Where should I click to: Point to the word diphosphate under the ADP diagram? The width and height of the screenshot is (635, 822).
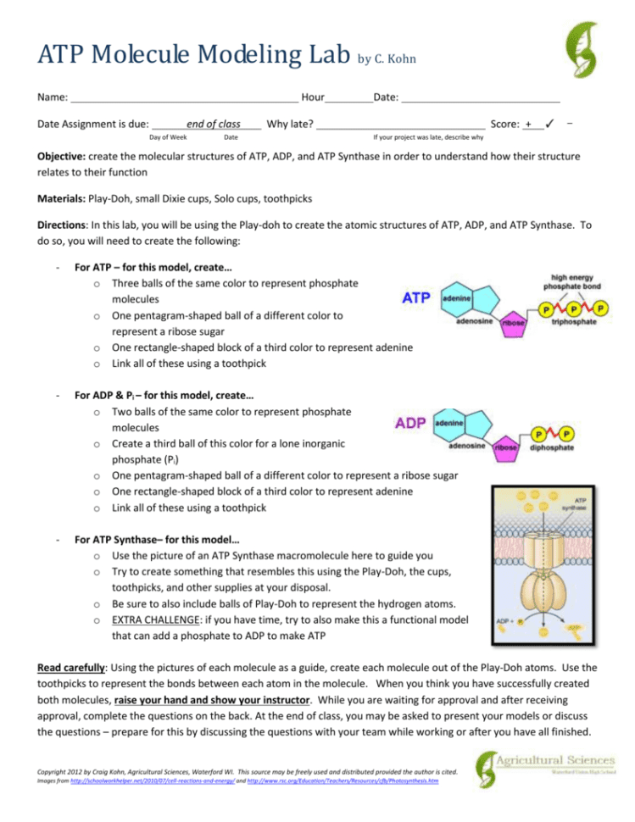pos(552,447)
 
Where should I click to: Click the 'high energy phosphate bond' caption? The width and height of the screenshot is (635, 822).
pos(574,280)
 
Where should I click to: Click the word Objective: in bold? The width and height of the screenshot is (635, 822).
pos(65,158)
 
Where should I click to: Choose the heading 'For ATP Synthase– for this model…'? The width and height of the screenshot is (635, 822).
pos(157,539)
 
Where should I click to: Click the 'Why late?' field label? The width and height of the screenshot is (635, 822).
pos(289,124)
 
